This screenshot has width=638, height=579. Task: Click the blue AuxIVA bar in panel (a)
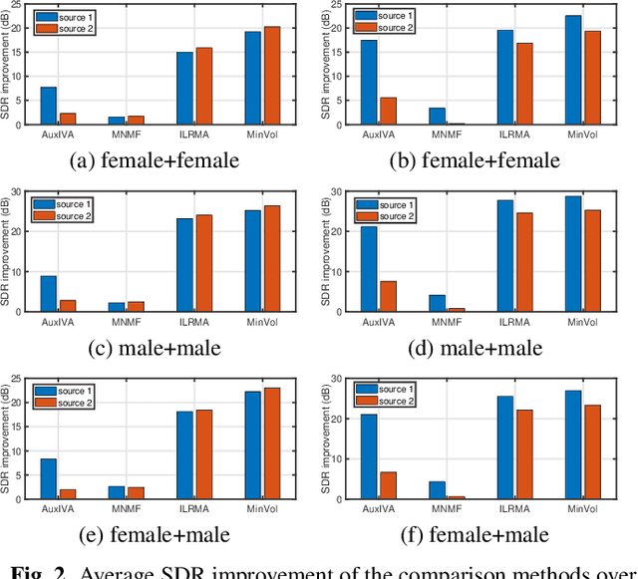(x=48, y=105)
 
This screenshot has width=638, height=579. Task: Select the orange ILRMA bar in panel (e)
(x=202, y=453)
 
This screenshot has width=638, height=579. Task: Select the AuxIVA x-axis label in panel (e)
(x=57, y=506)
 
